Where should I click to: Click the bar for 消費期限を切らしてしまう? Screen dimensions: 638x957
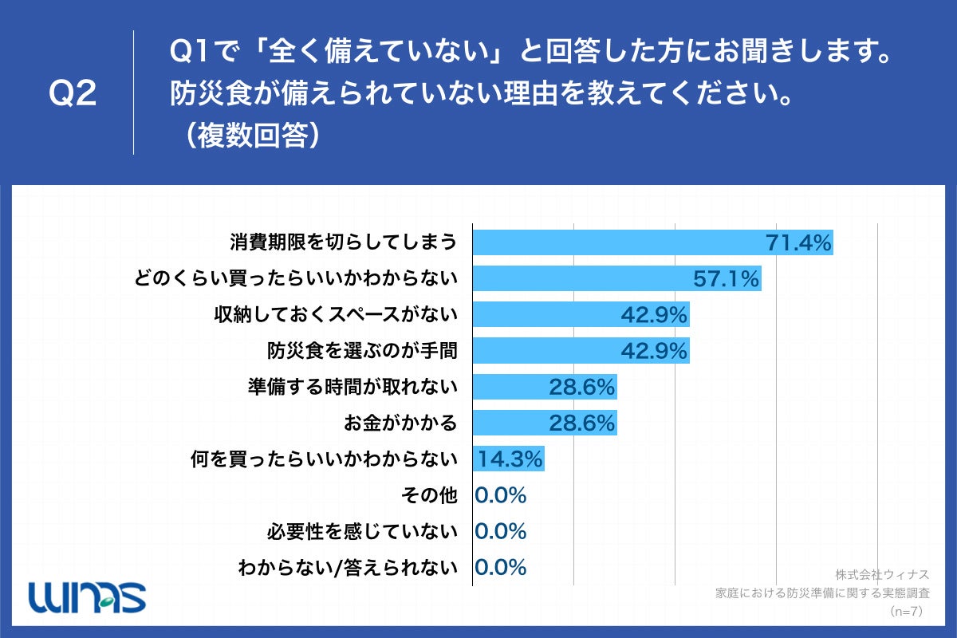(x=652, y=242)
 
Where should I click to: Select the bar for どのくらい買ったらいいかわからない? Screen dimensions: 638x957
(x=616, y=278)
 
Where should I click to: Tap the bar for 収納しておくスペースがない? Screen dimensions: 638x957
(x=581, y=314)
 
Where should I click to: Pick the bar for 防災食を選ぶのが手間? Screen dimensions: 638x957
(x=581, y=351)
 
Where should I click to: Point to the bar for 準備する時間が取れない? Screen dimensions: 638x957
(x=545, y=387)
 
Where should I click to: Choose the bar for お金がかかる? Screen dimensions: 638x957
(x=545, y=423)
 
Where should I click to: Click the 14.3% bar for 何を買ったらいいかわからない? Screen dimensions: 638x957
(x=509, y=459)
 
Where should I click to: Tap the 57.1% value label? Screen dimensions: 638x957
(x=727, y=278)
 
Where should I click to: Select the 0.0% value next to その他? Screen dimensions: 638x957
(x=501, y=495)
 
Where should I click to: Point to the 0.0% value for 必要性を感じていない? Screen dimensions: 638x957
(x=501, y=531)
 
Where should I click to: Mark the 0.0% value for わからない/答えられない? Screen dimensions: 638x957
(x=501, y=567)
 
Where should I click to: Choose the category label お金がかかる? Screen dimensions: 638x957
(x=400, y=423)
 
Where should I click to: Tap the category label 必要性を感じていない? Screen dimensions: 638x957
(x=363, y=531)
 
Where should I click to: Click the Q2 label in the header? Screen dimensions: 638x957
(x=73, y=94)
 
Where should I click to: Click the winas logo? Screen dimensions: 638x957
(x=87, y=595)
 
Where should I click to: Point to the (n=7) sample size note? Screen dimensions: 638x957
(x=905, y=612)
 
